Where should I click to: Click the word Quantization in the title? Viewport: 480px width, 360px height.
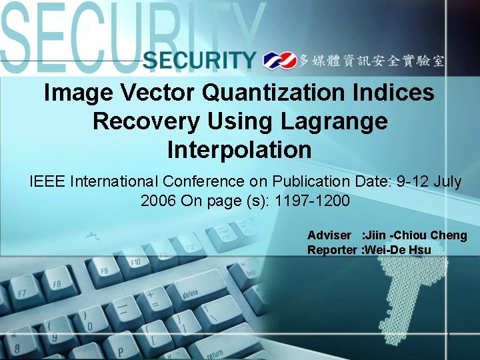pyautogui.click(x=275, y=93)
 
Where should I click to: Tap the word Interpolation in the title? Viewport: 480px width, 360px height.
pyautogui.click(x=239, y=150)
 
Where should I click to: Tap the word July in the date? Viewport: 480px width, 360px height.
pyautogui.click(x=447, y=181)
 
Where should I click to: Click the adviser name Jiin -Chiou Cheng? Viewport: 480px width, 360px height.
pyautogui.click(x=413, y=235)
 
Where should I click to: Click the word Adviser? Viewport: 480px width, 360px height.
pyautogui.click(x=329, y=235)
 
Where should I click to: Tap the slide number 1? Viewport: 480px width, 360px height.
pyautogui.click(x=449, y=336)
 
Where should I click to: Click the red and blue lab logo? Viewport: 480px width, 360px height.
pyautogui.click(x=279, y=61)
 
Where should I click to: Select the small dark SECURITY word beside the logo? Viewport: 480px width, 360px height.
pyautogui.click(x=199, y=61)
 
